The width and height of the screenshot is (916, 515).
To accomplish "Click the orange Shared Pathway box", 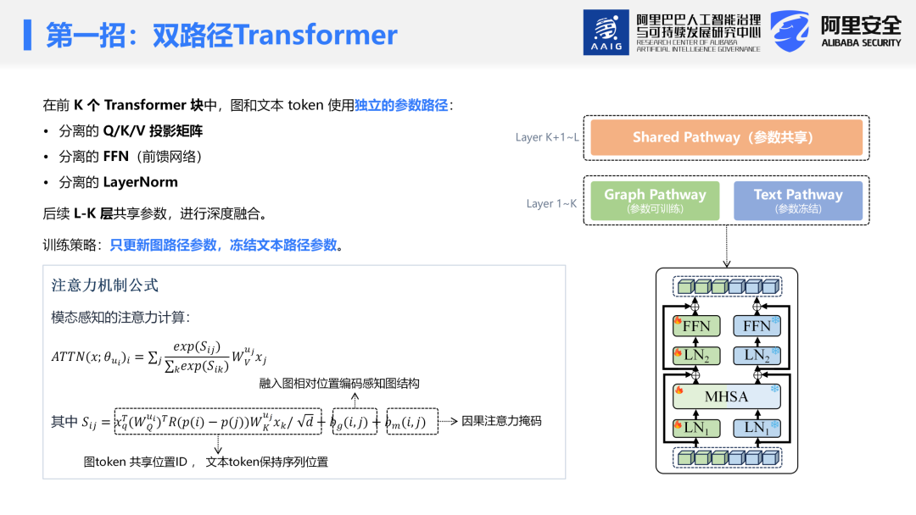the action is [x=726, y=138].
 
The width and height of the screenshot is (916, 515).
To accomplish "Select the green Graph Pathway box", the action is [x=655, y=201].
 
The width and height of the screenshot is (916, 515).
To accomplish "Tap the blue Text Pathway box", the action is [x=798, y=201].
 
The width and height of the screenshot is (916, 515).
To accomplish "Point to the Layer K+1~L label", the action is [x=547, y=138].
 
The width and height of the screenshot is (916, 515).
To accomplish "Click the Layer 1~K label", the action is [x=551, y=203].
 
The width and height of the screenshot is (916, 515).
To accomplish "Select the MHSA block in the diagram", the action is [x=726, y=396].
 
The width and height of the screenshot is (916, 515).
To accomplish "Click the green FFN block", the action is [x=696, y=326].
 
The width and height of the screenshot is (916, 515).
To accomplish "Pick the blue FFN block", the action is [x=757, y=326].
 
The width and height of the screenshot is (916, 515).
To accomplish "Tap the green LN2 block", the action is [x=696, y=356].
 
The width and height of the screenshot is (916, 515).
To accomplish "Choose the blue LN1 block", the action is [x=757, y=428].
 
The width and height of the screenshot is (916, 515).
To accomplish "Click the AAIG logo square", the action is [x=606, y=32].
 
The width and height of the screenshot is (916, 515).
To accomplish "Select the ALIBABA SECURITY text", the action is [x=861, y=43].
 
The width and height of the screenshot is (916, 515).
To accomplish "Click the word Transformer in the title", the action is [x=316, y=35].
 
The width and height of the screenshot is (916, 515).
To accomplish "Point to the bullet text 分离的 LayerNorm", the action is [x=118, y=182].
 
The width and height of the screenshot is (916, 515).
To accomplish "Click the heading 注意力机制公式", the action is [x=104, y=285].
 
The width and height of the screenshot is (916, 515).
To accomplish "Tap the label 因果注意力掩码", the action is [x=501, y=421].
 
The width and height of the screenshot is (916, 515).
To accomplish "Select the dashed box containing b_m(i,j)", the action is [x=412, y=421].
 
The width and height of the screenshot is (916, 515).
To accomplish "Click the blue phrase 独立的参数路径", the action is [x=401, y=105].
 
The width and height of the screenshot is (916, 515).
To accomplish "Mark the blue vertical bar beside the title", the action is [x=27, y=35].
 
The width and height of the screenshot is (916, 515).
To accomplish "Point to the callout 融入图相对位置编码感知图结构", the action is [x=338, y=383].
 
